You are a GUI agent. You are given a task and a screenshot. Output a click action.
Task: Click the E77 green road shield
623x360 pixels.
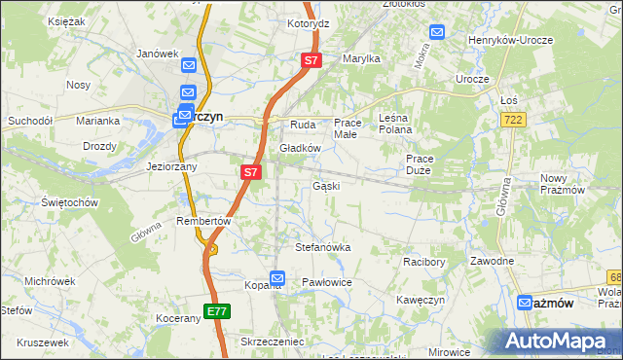[x=217, y=311]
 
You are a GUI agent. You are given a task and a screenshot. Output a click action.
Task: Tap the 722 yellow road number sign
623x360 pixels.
[x=513, y=119]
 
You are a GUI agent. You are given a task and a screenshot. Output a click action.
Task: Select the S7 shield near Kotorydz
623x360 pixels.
[x=311, y=60]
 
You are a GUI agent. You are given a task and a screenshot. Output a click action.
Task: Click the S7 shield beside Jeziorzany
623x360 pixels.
[x=250, y=172]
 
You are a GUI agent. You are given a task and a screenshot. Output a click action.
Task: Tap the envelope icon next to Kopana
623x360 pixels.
[x=277, y=279]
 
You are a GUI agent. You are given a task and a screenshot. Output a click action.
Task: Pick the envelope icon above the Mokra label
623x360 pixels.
[x=436, y=32]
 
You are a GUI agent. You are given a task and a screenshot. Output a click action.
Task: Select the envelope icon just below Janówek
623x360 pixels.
[x=189, y=65]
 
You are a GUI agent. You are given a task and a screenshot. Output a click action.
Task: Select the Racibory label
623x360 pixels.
[x=423, y=261]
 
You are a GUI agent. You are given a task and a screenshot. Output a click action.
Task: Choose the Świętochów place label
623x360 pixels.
[x=70, y=202]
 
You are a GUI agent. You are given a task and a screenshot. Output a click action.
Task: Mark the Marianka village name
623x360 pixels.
[x=98, y=121]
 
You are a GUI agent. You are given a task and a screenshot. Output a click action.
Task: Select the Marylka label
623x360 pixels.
[x=360, y=58]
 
